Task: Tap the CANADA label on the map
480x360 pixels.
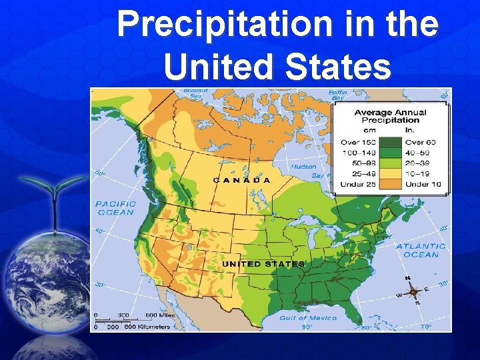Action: coord(241,180)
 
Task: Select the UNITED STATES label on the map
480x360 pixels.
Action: coord(263,264)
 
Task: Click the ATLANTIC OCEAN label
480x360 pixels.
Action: coord(421,250)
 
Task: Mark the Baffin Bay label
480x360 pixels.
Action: coord(338,94)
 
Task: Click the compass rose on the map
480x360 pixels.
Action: coord(413,291)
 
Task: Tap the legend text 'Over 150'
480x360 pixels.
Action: coord(359,142)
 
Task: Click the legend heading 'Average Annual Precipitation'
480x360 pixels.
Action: coord(390,116)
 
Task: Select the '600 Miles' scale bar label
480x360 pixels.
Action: coord(160,315)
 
